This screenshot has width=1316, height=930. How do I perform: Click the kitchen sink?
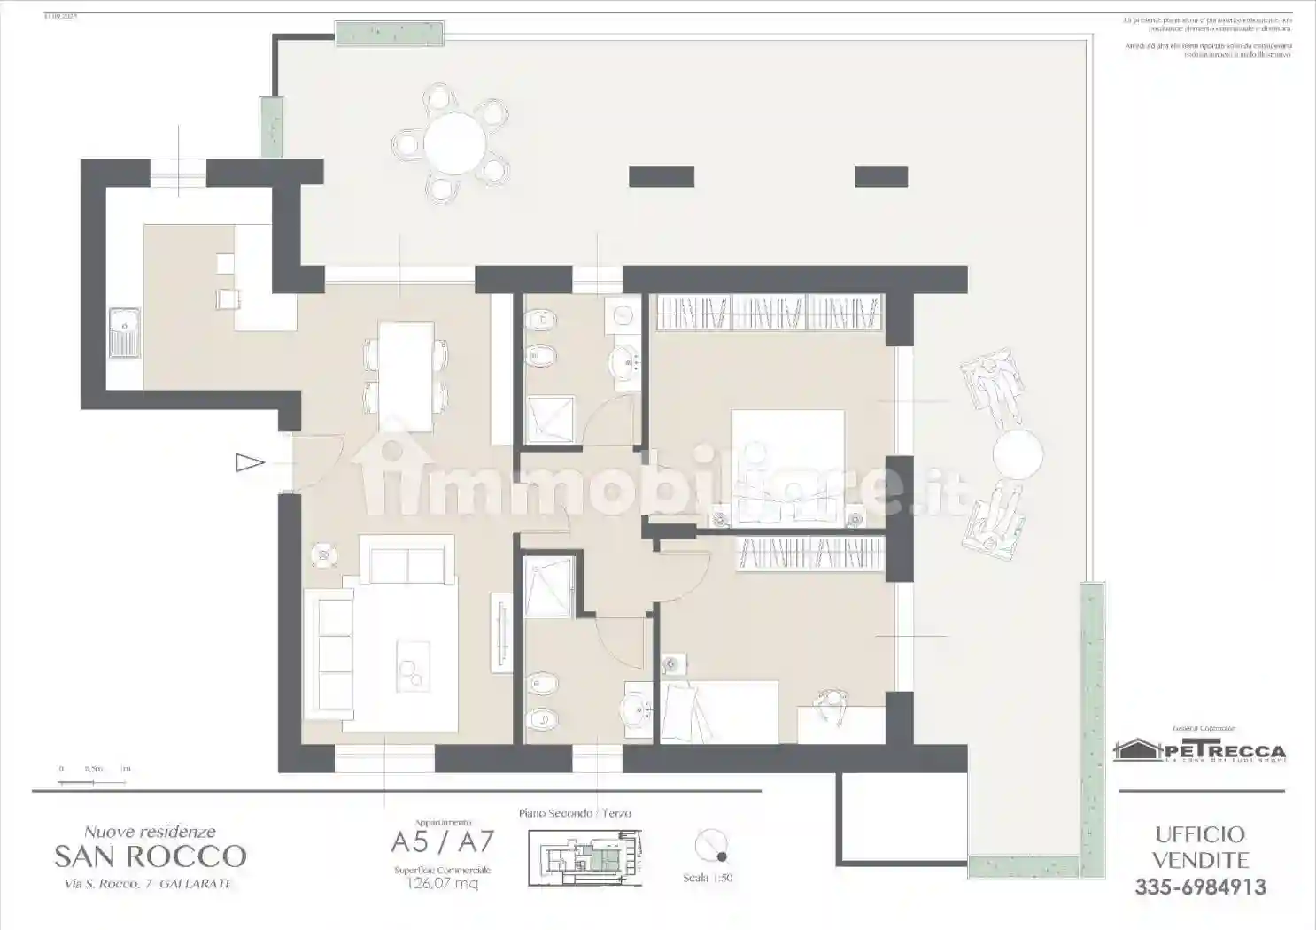pos(124,333)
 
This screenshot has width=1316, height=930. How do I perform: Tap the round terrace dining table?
pos(454,142)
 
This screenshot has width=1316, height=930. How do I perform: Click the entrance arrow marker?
pos(250,462)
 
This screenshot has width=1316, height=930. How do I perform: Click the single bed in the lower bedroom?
pos(719,711)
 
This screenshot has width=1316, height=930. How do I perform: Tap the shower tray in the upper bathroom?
pos(549,419)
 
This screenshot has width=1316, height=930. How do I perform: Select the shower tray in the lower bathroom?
pos(549,585)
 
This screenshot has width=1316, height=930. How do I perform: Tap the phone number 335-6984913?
pos(1200,887)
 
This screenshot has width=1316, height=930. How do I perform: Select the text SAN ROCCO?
pos(150,856)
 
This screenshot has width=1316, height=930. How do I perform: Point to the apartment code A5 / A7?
pos(443,841)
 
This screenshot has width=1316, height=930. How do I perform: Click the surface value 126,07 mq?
pos(442,883)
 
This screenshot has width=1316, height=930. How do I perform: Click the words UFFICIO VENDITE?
pos(1200,847)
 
